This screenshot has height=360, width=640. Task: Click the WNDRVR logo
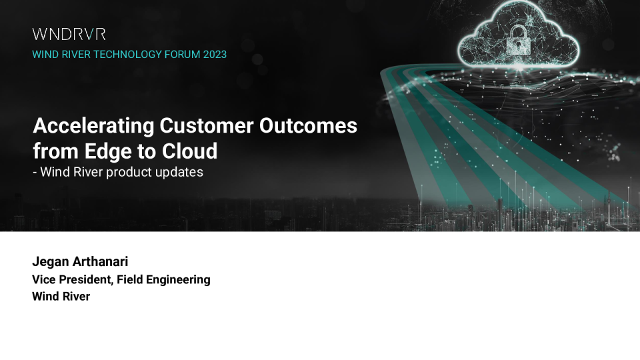pyautogui.click(x=69, y=34)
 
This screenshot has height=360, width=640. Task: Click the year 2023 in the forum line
pyautogui.click(x=215, y=55)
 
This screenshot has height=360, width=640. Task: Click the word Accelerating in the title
pyautogui.click(x=93, y=126)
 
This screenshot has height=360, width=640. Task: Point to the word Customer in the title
pyautogui.click(x=207, y=125)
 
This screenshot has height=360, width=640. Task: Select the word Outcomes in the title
pyautogui.click(x=308, y=125)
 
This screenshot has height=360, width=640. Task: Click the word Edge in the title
pyautogui.click(x=108, y=152)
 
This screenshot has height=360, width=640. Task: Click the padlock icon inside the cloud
pyautogui.click(x=519, y=40)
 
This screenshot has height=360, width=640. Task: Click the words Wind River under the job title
pyautogui.click(x=61, y=296)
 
